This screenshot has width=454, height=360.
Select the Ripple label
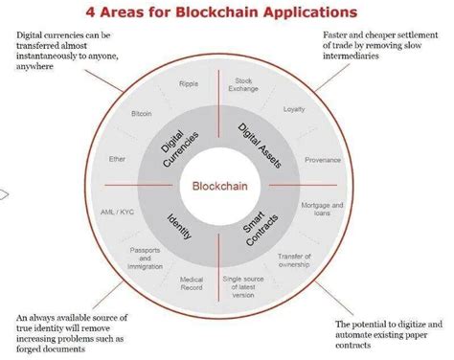pyautogui.click(x=188, y=84)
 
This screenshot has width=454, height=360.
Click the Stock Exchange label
pyautogui.click(x=243, y=89)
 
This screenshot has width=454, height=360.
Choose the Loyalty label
pyautogui.click(x=293, y=110)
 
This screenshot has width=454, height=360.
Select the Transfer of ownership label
pyautogui.click(x=296, y=260)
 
